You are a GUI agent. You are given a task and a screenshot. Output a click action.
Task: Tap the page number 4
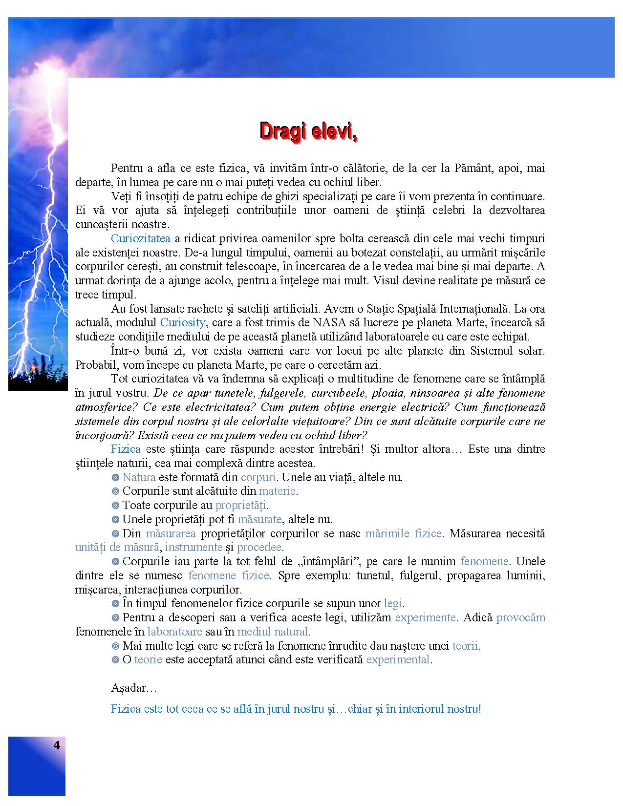57,745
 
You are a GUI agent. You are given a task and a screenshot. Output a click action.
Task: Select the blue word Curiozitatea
141,239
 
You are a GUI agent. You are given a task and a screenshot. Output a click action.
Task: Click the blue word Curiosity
183,323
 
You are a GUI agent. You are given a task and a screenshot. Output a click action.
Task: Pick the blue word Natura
139,477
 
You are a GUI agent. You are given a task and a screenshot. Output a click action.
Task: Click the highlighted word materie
277,491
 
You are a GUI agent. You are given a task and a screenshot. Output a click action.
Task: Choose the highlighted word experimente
425,618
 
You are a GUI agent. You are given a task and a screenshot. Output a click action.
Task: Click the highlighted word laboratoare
174,632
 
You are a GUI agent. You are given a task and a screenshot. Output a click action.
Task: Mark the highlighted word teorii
465,646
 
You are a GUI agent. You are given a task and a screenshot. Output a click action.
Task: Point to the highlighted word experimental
398,660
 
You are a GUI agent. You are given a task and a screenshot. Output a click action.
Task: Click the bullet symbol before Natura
116,478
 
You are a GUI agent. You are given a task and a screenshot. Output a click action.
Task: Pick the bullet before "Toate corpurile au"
116,506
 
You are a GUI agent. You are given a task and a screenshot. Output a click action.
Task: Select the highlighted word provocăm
520,618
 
